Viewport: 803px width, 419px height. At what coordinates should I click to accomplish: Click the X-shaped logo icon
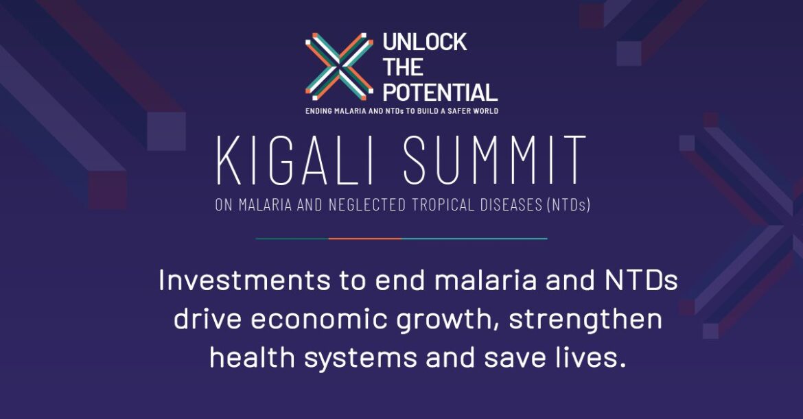coord(339,67)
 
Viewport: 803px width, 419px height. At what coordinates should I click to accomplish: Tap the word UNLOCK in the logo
coord(425,43)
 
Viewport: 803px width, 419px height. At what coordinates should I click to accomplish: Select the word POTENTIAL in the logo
coord(440,93)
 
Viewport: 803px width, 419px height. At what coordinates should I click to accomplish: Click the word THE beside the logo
coord(402,67)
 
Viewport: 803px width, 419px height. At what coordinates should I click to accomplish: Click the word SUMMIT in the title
coord(494,160)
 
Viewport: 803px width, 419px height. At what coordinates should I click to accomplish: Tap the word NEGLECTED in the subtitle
coord(366,205)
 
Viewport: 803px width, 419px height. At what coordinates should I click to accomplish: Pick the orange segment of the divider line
coord(364,239)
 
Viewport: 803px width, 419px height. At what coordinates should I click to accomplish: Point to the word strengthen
coord(585,320)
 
